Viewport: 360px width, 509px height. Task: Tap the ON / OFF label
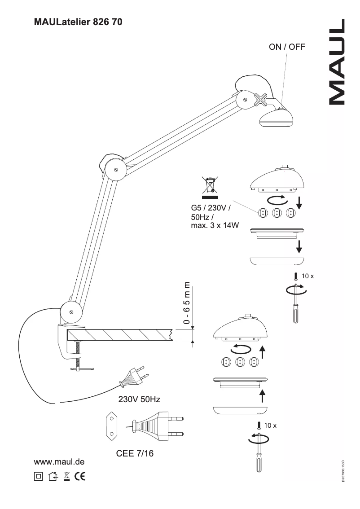tap(286, 47)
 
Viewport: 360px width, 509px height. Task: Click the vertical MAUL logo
tap(337, 62)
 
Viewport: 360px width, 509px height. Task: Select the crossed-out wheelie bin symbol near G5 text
tap(210, 186)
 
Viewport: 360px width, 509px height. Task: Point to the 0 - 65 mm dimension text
tap(186, 303)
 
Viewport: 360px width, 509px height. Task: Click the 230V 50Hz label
tap(139, 399)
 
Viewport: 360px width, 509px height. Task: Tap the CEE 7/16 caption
tap(135, 454)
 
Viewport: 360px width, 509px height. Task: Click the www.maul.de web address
tap(60, 462)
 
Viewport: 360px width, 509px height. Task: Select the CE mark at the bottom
tap(79, 476)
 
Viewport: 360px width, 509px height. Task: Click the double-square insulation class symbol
tap(39, 476)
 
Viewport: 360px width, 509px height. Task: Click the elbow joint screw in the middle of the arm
tap(116, 170)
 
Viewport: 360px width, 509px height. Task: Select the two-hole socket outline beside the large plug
tap(110, 425)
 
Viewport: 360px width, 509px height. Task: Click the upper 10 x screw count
tap(307, 276)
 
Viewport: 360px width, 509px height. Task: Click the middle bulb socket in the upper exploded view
tap(277, 213)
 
